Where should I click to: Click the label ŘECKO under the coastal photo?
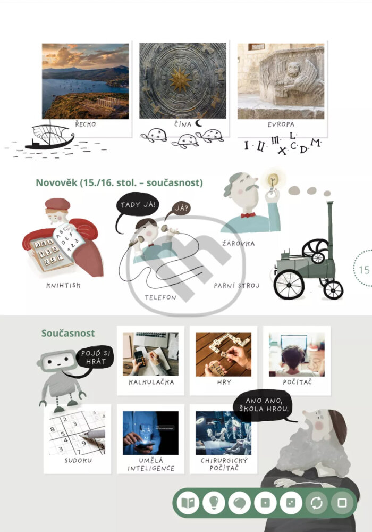(x=86, y=124)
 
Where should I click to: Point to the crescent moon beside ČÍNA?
(x=199, y=123)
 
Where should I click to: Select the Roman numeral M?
(x=315, y=143)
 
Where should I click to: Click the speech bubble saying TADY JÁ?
(x=137, y=204)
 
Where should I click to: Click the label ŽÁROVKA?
(x=238, y=243)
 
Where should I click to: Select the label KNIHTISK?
(x=63, y=285)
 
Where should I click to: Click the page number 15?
(x=364, y=270)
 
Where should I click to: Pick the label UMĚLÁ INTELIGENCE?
(x=151, y=464)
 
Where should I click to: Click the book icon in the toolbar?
(x=188, y=503)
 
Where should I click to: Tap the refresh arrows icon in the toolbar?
(x=316, y=503)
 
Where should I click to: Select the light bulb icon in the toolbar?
(x=214, y=503)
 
